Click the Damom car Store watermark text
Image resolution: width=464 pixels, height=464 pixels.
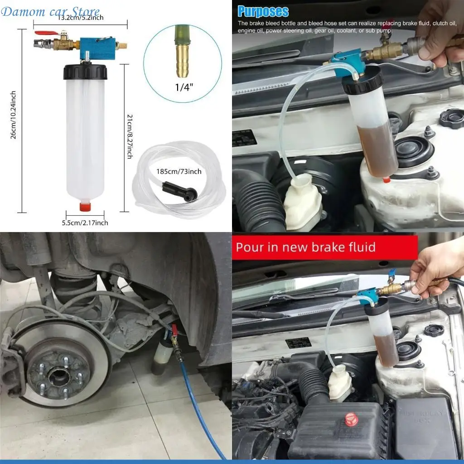50,11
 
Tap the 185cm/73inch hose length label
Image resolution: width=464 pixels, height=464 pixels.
179,172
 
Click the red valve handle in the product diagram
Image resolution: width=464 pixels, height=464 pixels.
44,34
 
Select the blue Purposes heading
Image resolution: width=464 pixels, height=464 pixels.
263,11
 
